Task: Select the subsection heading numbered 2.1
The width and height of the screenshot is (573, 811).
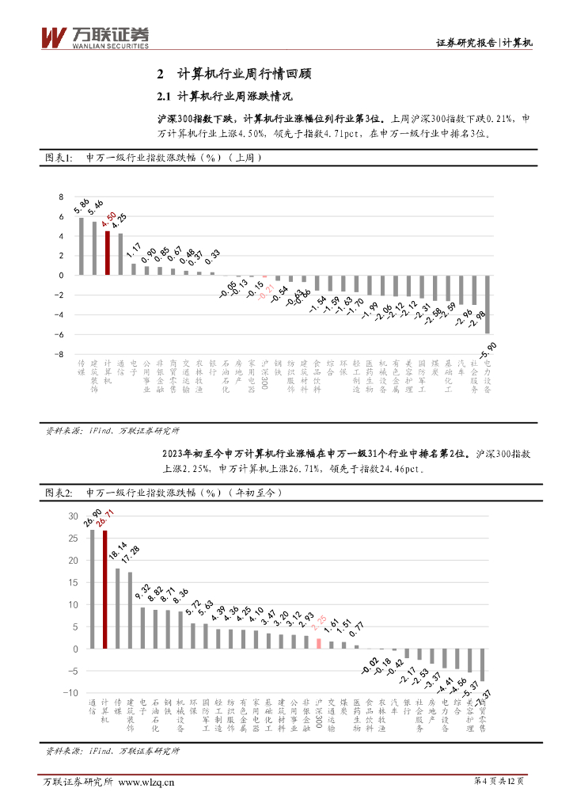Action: [225, 97]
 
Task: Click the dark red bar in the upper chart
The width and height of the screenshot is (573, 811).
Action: [108, 253]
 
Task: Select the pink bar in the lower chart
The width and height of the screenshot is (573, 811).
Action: [318, 644]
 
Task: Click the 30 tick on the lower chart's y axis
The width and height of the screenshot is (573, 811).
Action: [73, 516]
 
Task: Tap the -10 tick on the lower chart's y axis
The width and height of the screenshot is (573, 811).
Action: [70, 693]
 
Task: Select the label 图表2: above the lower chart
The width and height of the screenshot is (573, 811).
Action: [58, 493]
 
